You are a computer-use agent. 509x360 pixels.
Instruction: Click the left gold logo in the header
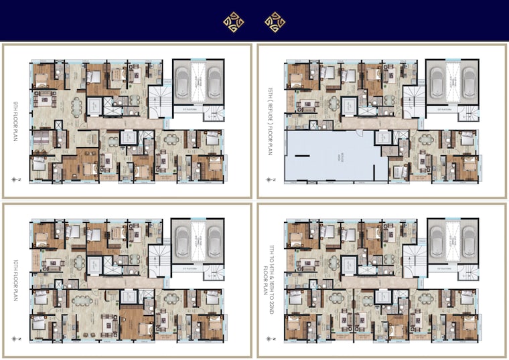233,23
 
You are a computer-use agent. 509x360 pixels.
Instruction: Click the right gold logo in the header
275,23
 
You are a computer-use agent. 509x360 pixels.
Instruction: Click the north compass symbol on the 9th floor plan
17,180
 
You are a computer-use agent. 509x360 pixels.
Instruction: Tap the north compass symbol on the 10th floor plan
17,340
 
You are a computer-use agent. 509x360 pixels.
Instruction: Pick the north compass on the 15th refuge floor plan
270,180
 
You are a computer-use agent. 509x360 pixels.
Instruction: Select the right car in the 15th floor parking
466,81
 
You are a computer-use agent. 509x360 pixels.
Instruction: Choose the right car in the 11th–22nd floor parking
466,241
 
